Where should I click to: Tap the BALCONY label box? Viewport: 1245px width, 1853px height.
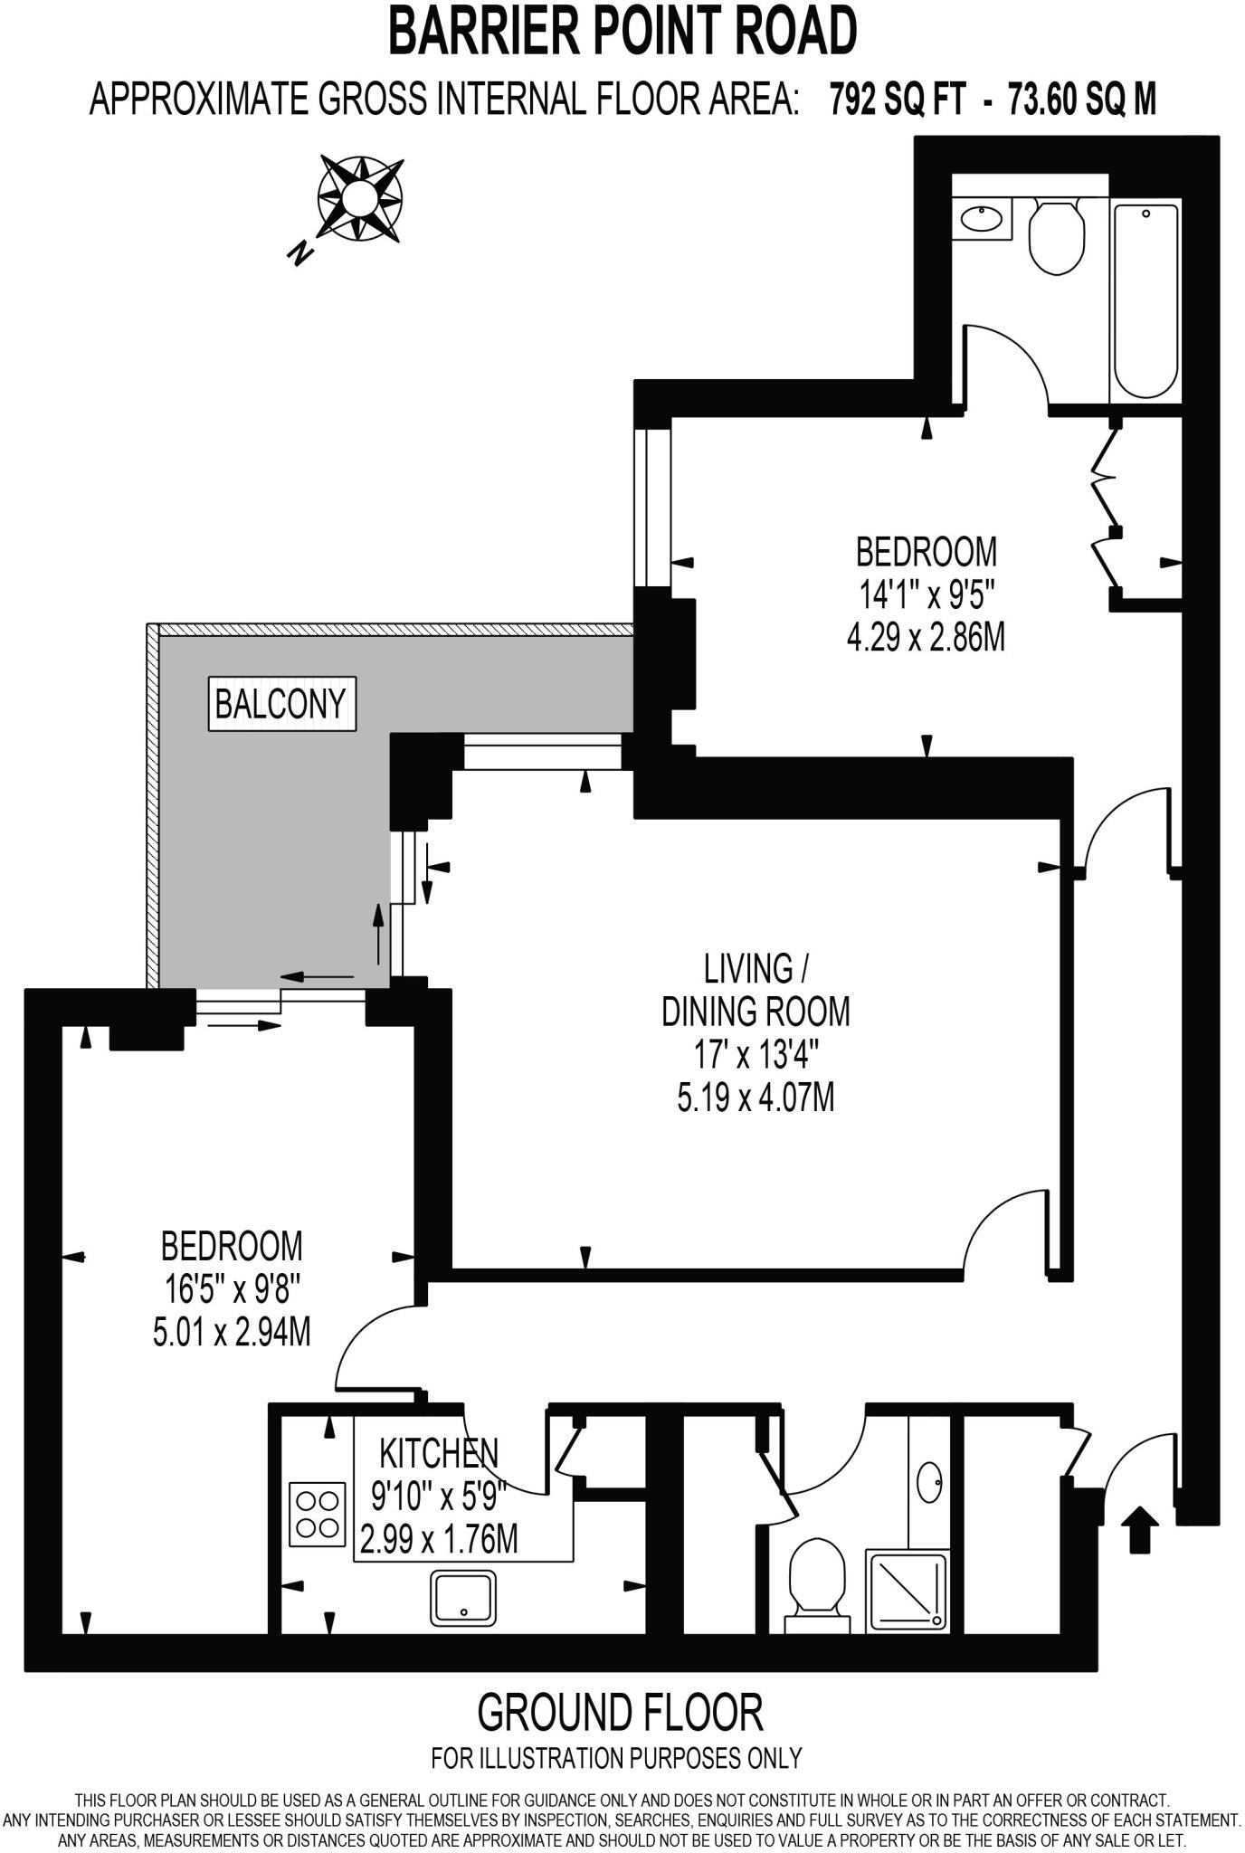coord(280,703)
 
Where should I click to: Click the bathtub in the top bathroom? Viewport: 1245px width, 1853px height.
coord(1145,299)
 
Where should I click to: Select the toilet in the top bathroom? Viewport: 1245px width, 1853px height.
coord(1057,236)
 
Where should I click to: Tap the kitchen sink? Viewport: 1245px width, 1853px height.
coord(463,1597)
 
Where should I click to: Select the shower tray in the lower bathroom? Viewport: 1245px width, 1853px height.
coord(908,1590)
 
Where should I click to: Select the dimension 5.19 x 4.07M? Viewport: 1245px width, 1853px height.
coord(756,1098)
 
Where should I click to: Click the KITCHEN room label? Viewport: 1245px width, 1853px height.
coord(438,1453)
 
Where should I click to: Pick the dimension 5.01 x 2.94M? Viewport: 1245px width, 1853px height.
coord(232,1333)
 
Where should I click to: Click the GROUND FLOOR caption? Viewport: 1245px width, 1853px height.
coord(620,1712)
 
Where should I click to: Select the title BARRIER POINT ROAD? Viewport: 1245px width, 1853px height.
coord(622,32)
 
